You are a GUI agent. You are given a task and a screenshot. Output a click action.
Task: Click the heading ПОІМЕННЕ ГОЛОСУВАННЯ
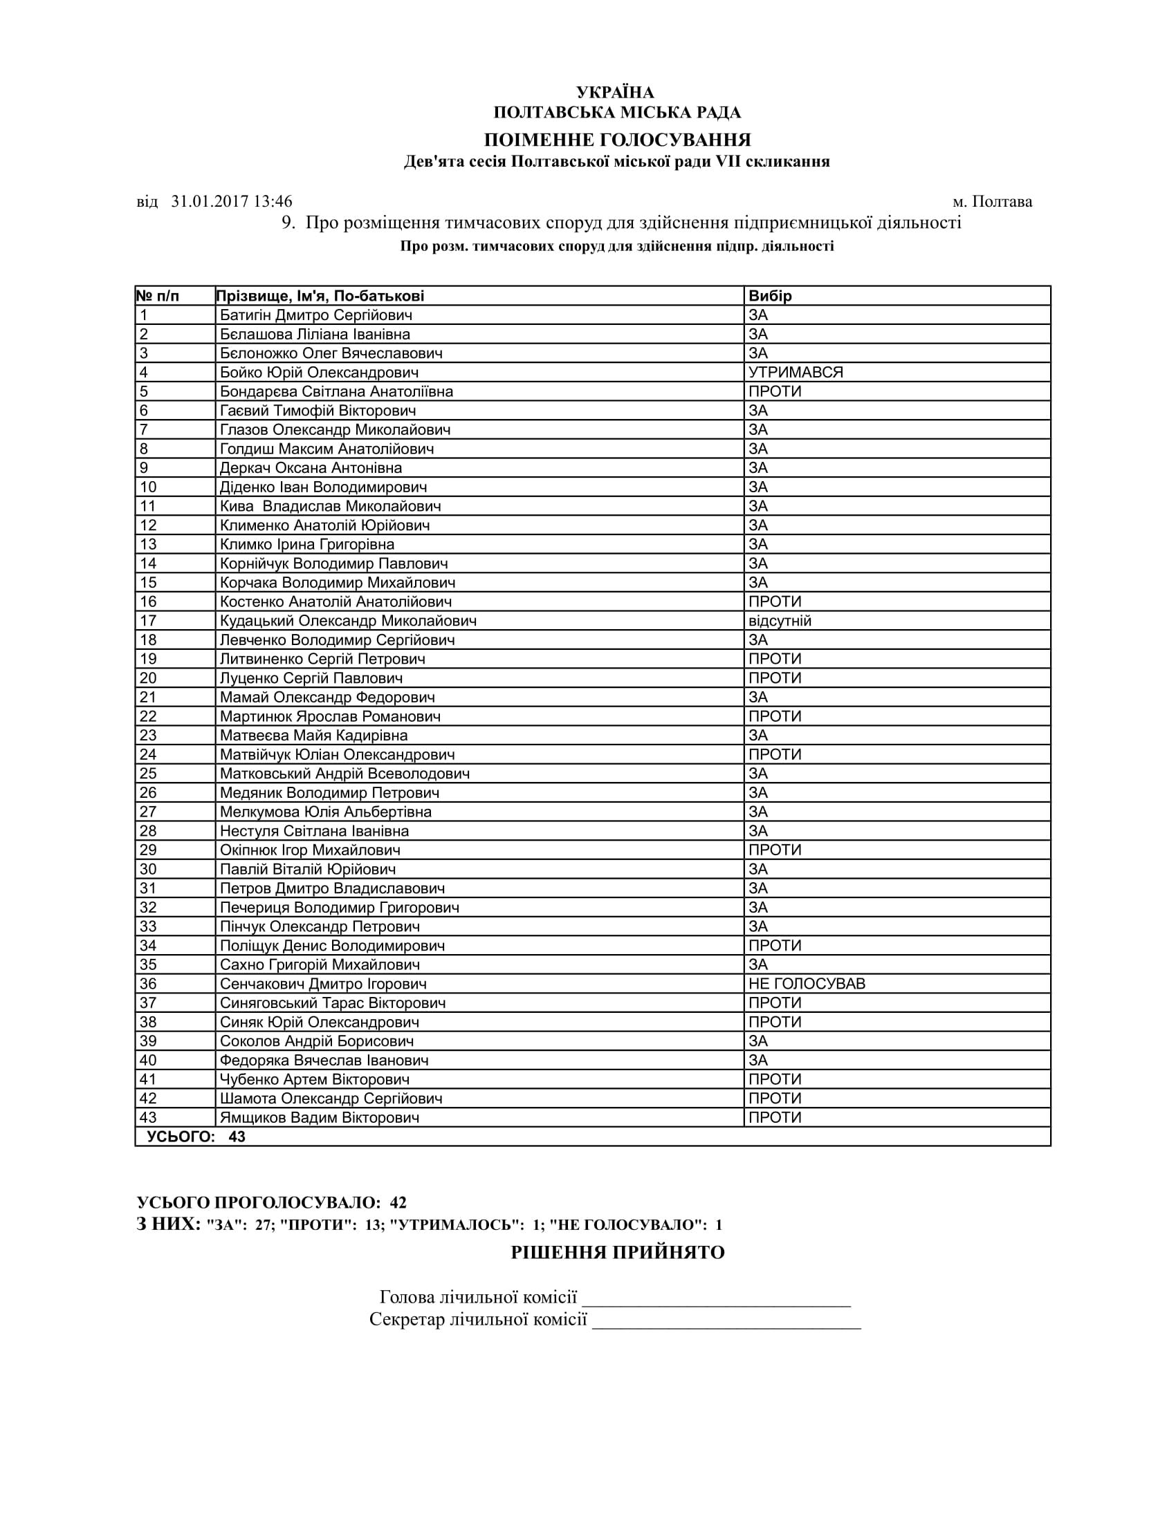point(617,140)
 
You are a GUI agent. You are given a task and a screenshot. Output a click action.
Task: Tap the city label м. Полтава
point(992,202)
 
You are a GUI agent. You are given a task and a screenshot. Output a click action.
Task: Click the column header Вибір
point(770,296)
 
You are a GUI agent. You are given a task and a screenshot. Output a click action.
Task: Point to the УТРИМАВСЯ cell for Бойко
point(796,373)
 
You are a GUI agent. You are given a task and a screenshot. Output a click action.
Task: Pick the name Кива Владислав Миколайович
point(330,506)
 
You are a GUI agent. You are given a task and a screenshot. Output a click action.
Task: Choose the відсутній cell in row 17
point(780,622)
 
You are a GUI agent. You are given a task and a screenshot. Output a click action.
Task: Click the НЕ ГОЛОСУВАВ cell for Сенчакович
point(807,984)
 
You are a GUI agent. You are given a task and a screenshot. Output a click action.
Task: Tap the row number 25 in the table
point(149,774)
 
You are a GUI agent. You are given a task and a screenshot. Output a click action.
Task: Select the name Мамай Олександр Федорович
point(327,698)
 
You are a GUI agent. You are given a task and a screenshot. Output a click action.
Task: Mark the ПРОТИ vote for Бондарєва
point(775,391)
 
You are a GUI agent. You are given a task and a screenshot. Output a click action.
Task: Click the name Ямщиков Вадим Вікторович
point(320,1118)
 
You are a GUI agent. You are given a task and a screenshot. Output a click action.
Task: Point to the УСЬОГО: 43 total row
point(196,1137)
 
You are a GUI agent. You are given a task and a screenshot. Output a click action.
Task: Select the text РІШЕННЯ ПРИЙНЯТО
point(618,1252)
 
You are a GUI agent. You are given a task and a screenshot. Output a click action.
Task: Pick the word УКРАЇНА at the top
point(615,93)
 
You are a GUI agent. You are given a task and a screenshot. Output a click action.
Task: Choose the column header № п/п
point(158,296)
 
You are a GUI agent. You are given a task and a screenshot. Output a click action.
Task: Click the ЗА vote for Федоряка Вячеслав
point(758,1061)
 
